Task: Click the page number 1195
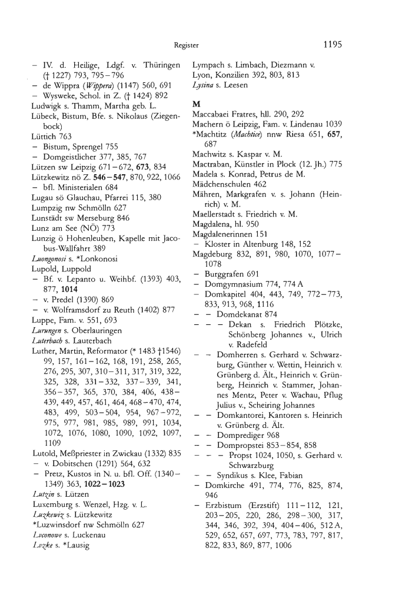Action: pyautogui.click(x=333, y=44)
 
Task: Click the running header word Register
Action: pyautogui.click(x=186, y=45)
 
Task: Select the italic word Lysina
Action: pyautogui.click(x=202, y=84)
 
